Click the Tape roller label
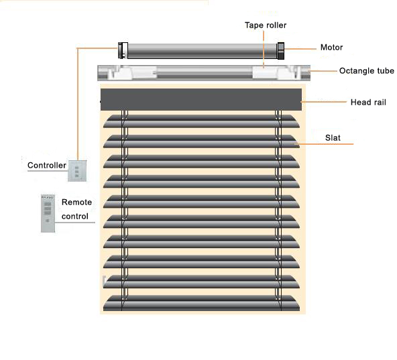(x=266, y=25)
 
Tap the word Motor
(x=331, y=48)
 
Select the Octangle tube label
(x=367, y=71)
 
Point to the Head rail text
(x=368, y=103)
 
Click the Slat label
(x=333, y=137)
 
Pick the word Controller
(x=47, y=166)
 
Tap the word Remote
(x=76, y=202)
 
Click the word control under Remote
(x=75, y=217)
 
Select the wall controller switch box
(x=77, y=171)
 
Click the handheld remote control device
(x=48, y=213)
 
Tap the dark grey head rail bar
(x=201, y=99)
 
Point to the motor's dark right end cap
(x=281, y=51)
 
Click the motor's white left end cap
(x=123, y=51)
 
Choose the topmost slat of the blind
(x=201, y=121)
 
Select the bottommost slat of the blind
(x=201, y=303)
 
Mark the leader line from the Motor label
(x=300, y=49)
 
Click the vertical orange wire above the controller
(x=78, y=104)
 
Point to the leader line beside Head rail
(x=324, y=102)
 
